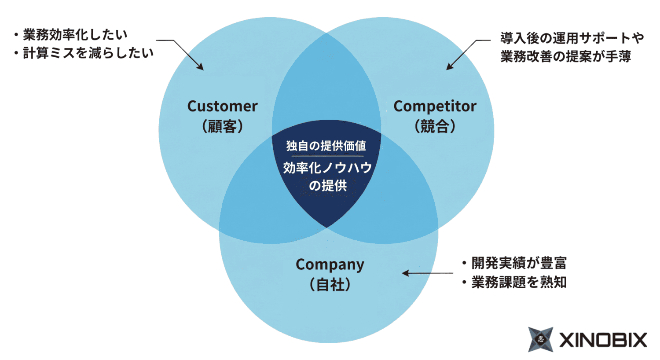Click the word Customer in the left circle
click(222, 106)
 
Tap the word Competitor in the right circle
click(435, 106)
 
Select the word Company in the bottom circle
click(330, 264)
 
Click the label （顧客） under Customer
click(222, 127)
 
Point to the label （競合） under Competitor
click(435, 127)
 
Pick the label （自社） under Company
click(330, 284)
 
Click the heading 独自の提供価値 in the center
click(326, 146)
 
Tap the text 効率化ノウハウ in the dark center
click(327, 168)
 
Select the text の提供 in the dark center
click(327, 185)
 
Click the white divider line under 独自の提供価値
click(327, 156)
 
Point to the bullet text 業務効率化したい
click(75, 34)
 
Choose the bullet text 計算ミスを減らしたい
click(88, 53)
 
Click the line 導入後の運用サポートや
click(572, 38)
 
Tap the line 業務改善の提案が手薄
click(565, 57)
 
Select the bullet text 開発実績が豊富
click(519, 263)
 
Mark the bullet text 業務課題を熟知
click(519, 282)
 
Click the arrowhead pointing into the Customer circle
click(201, 67)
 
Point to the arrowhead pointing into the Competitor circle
click(449, 67)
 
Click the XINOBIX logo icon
click(541, 339)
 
